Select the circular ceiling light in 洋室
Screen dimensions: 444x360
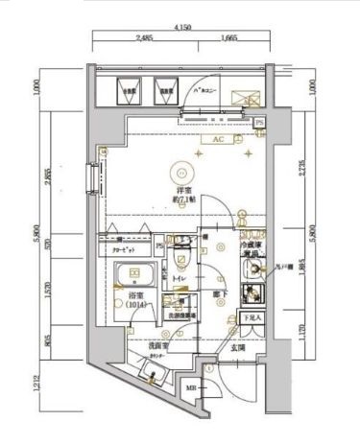(x=179, y=173)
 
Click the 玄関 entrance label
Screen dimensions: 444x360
(x=237, y=349)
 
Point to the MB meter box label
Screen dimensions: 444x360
(x=189, y=388)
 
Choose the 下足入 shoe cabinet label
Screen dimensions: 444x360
(x=251, y=315)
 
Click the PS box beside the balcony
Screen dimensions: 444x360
(x=258, y=123)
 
